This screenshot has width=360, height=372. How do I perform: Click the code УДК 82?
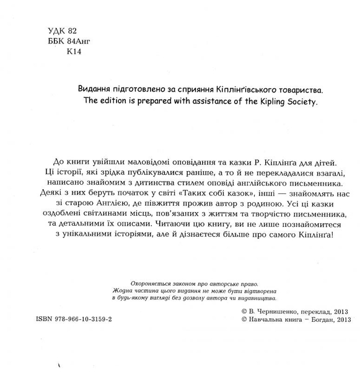click(x=63, y=30)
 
